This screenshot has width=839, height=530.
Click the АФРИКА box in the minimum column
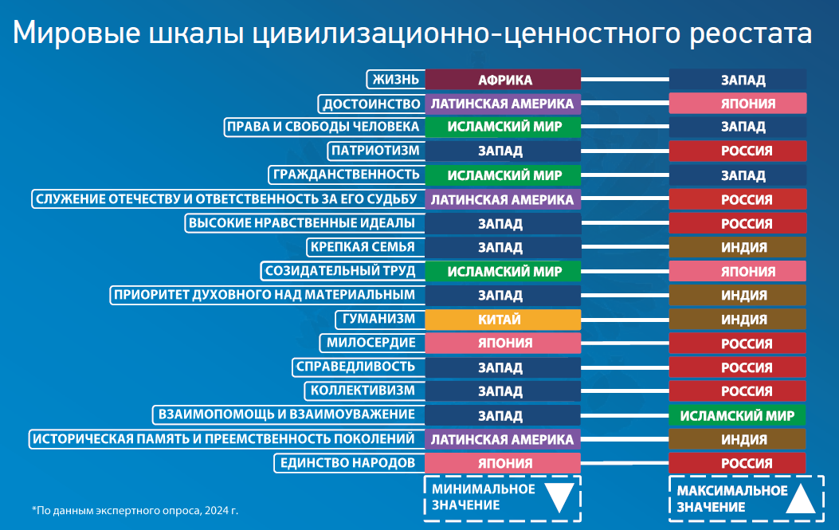[503, 80]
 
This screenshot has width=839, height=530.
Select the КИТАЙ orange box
[503, 320]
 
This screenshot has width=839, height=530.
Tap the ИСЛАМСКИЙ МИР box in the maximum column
[737, 415]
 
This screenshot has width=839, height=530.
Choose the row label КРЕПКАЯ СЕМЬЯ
[363, 247]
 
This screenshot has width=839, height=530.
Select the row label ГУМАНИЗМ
[379, 320]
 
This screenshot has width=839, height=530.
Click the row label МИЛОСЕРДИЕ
[371, 344]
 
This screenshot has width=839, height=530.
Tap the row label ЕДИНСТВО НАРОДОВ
[347, 463]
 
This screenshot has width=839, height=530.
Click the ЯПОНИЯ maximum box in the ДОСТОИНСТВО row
[737, 104]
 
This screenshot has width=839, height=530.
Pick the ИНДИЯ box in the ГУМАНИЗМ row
[737, 320]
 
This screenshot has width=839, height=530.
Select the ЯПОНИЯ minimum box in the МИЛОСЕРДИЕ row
[503, 344]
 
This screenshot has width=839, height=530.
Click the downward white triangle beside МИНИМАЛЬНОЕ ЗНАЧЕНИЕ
[559, 498]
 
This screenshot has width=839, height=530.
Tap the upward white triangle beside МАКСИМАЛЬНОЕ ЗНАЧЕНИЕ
[801, 498]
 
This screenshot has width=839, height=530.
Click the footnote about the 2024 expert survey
[135, 508]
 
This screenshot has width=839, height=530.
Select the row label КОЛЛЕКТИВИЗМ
[363, 391]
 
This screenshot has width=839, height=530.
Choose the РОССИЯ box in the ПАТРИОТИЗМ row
[737, 151]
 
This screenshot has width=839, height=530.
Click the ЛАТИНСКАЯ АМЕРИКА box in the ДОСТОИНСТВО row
[503, 104]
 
